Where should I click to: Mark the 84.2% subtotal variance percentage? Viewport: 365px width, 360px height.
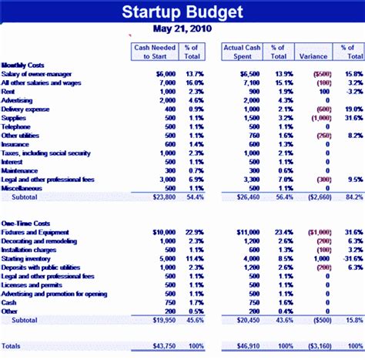point(353,197)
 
